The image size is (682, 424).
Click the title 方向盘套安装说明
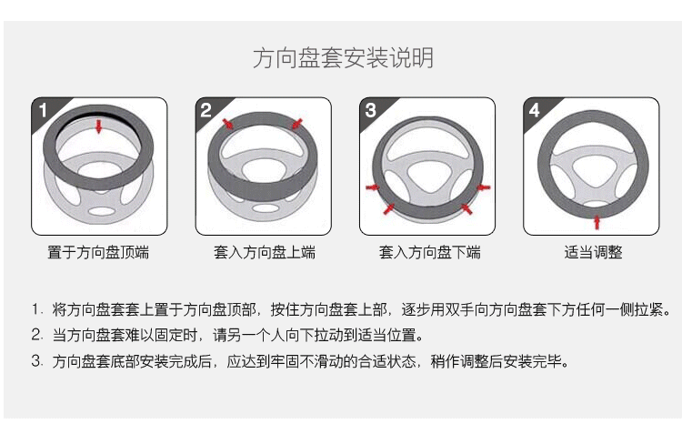click(x=343, y=58)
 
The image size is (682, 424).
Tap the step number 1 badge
click(x=43, y=110)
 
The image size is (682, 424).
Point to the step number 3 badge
click(x=370, y=110)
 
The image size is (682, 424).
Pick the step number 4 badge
click(x=534, y=110)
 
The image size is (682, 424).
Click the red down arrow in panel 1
click(x=99, y=126)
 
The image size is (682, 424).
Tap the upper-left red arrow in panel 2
click(x=227, y=124)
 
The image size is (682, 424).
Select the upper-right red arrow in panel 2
click(x=297, y=124)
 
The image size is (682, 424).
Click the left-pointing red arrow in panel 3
click(x=483, y=187)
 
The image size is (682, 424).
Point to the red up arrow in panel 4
click(x=597, y=222)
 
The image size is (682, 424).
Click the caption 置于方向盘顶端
click(x=98, y=252)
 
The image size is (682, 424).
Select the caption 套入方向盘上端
click(x=265, y=252)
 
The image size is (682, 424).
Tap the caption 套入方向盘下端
click(x=429, y=252)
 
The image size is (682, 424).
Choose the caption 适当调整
click(x=593, y=252)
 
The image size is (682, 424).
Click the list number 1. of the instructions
click(x=37, y=309)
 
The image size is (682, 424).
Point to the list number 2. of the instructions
click(x=37, y=335)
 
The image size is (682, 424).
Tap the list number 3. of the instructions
click(x=37, y=361)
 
